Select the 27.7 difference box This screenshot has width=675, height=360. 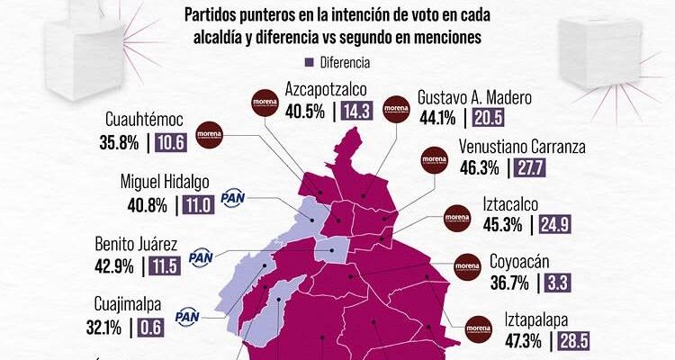[x=530, y=167]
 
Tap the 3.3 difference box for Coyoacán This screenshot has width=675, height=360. [x=555, y=283]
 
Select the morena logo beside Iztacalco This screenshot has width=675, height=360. [x=459, y=218]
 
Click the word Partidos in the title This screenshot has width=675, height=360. [x=213, y=15]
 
